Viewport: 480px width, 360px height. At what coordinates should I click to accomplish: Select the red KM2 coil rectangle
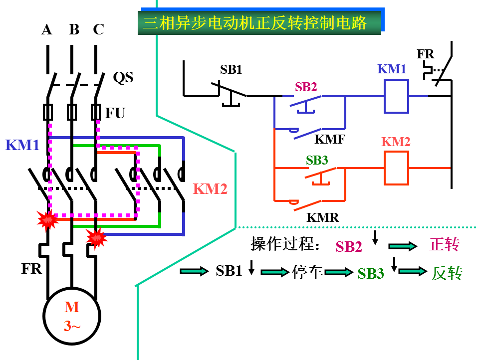point(396,168)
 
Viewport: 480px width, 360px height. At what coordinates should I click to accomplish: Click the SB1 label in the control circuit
point(231,70)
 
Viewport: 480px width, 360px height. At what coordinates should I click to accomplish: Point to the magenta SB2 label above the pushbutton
point(306,87)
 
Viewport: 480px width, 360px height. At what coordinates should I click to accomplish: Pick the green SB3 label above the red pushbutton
point(317,161)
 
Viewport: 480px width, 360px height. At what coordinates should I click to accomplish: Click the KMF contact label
point(329,139)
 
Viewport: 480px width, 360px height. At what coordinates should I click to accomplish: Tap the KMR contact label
point(322,217)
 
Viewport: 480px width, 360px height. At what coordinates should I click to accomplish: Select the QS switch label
point(123,77)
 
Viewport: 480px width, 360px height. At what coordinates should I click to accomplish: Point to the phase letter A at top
point(47,30)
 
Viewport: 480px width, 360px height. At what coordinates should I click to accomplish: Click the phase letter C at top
point(98,30)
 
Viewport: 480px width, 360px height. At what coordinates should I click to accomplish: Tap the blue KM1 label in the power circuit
point(22,145)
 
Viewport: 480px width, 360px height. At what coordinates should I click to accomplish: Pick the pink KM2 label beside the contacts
point(210,189)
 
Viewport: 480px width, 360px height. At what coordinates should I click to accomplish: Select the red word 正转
point(444,244)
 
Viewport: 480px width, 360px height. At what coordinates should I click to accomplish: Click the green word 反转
point(447,273)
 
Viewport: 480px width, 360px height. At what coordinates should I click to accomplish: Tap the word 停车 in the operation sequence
point(308,272)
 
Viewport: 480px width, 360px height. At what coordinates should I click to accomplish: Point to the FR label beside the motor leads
point(31,269)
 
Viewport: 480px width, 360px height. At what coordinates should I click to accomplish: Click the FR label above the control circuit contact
point(426,54)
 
